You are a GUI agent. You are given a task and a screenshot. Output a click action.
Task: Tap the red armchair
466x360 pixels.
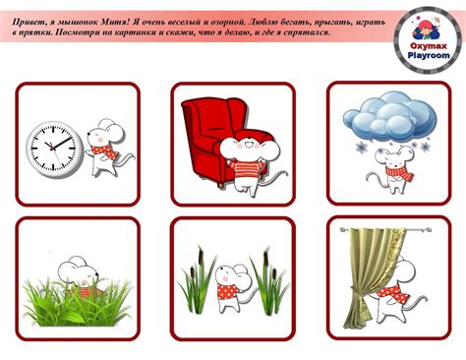[x=213, y=138]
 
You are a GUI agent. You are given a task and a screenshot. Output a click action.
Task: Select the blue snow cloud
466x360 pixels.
[x=389, y=115]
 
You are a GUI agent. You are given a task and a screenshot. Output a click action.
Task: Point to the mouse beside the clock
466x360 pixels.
[x=106, y=148]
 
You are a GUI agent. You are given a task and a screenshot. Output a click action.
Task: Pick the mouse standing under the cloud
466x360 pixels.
[x=393, y=169]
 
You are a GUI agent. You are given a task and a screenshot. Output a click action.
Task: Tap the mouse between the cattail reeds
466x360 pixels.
[x=233, y=287]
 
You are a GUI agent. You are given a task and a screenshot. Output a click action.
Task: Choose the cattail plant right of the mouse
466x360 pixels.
[x=269, y=282]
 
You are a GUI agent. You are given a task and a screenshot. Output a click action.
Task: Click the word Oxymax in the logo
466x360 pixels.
[x=429, y=46]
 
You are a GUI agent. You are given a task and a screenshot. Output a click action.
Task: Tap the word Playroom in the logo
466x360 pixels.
[x=429, y=55]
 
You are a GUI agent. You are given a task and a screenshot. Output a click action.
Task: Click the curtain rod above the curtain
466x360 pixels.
[x=385, y=230]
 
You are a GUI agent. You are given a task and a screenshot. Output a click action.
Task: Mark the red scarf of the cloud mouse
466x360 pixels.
[x=398, y=173]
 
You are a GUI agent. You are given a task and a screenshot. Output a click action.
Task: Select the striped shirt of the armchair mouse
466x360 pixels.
[x=246, y=170]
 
